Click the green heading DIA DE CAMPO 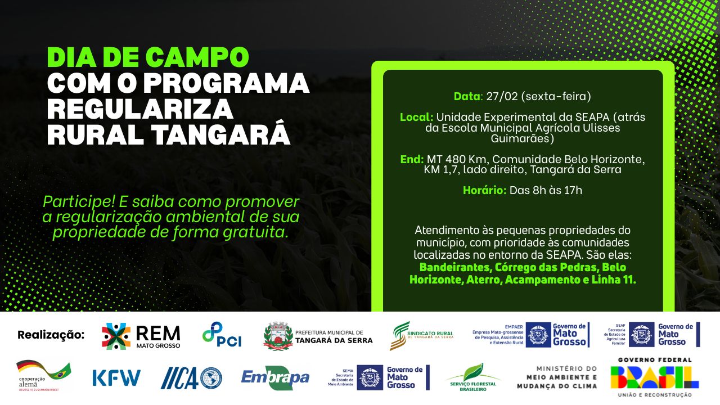coord(148,57)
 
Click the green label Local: coord(416,118)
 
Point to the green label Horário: coord(484,190)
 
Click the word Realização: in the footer coord(51,335)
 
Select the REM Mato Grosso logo coord(141,336)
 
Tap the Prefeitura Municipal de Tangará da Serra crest coord(278,336)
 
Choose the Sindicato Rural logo coord(421,336)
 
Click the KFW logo coord(116,377)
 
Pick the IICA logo coord(191,377)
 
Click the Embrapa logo coord(275,377)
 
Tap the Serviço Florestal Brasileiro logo coord(473,377)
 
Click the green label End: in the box coord(412,159)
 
